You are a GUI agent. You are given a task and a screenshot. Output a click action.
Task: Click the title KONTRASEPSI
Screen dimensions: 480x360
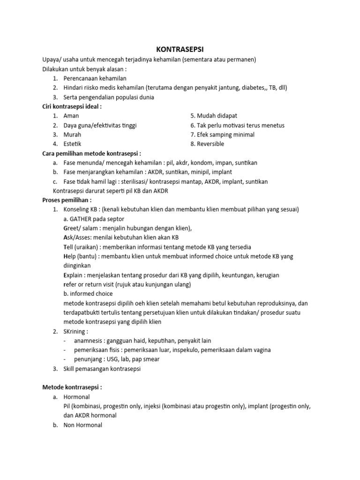click(x=180, y=49)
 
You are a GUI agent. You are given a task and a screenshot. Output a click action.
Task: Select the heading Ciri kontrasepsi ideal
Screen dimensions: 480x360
click(x=72, y=106)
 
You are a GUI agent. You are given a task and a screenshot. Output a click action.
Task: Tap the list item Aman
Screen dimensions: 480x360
click(x=71, y=116)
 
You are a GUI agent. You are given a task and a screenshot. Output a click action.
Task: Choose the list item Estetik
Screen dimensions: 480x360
click(x=73, y=144)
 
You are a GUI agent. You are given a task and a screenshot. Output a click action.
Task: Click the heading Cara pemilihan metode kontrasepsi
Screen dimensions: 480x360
click(x=92, y=153)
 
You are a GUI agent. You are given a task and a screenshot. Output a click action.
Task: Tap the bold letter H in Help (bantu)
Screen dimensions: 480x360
click(x=66, y=256)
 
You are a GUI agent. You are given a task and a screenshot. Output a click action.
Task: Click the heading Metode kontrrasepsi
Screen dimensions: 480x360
click(x=72, y=388)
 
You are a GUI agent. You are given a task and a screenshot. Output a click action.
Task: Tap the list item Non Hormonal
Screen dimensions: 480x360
click(x=83, y=425)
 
